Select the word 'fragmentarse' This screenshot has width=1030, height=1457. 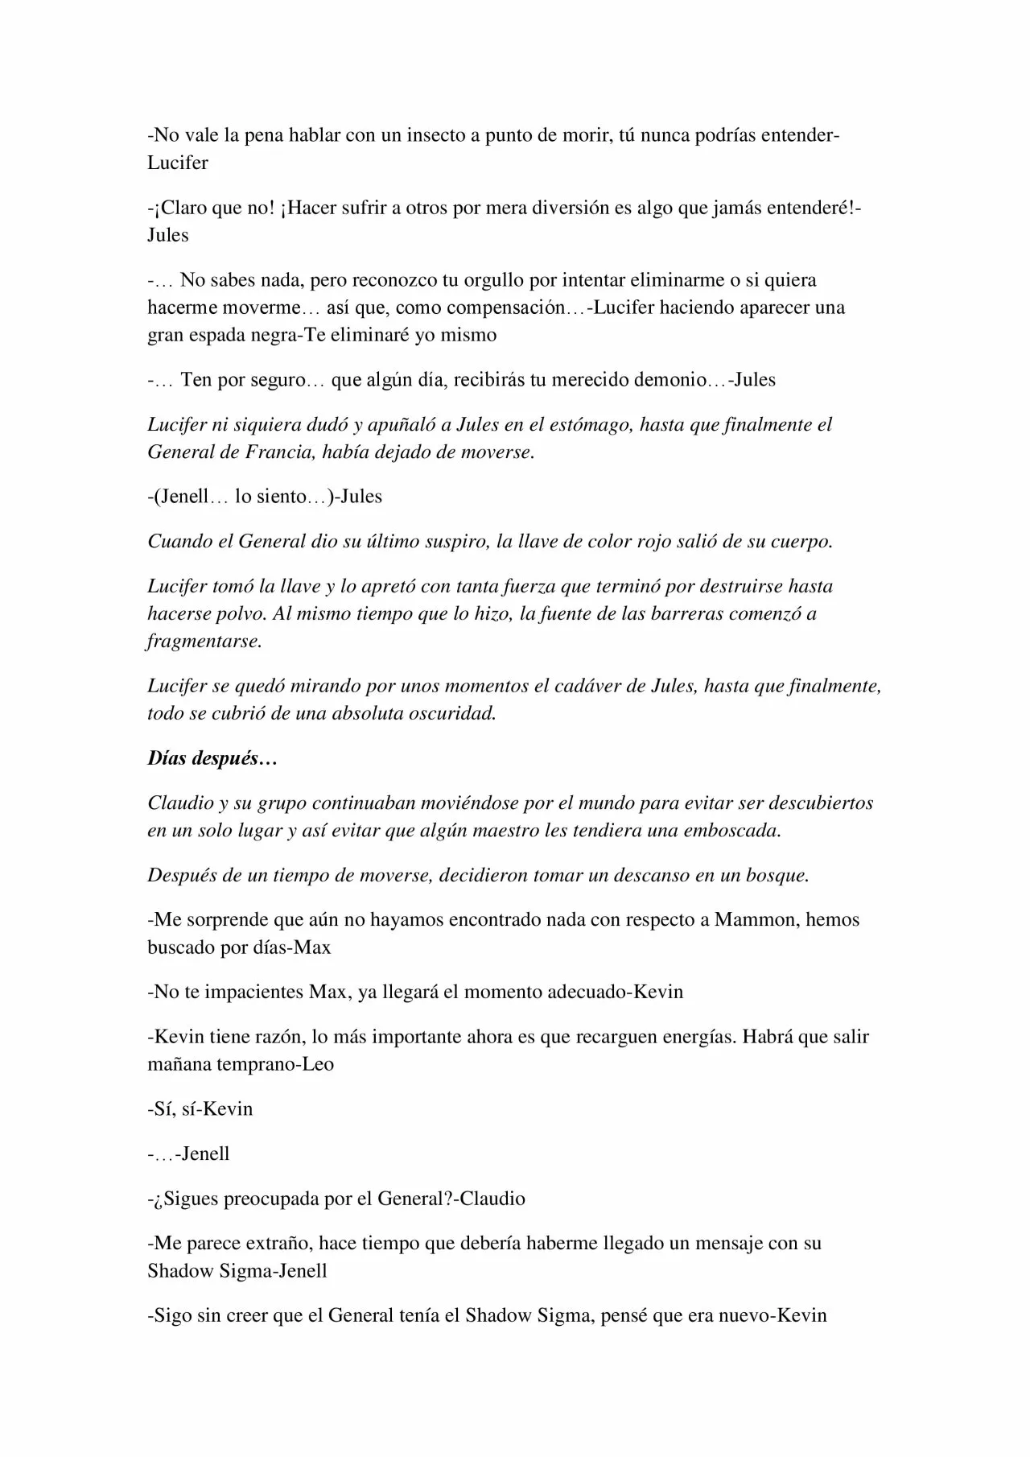point(204,642)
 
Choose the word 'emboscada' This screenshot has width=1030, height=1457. point(731,831)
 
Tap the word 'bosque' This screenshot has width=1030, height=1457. point(777,875)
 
